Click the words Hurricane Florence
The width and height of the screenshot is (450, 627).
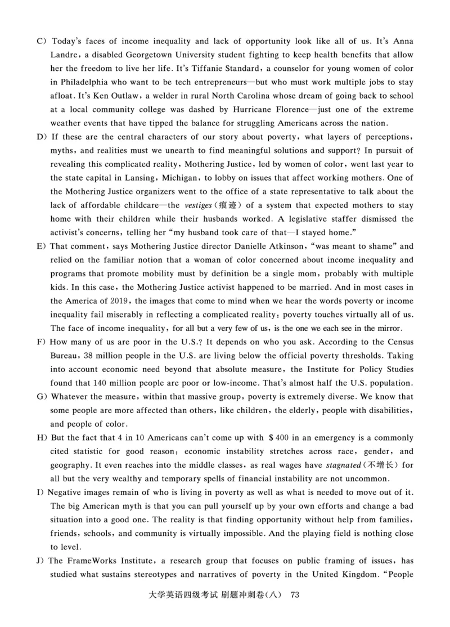coord(279,110)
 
